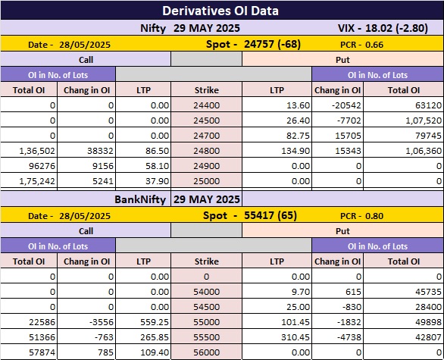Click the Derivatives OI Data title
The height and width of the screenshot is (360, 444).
click(x=220, y=11)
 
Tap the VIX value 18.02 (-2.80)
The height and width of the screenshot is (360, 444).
click(x=396, y=28)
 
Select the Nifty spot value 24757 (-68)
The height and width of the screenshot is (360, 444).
click(x=272, y=44)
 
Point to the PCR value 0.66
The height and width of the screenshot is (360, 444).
click(x=374, y=45)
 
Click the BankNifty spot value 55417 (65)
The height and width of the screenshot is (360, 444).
click(x=270, y=215)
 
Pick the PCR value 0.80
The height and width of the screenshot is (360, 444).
click(x=374, y=216)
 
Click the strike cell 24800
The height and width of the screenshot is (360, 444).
click(x=206, y=151)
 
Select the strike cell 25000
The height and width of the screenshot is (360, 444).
click(x=206, y=181)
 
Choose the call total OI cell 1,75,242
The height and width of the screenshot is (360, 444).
click(x=37, y=181)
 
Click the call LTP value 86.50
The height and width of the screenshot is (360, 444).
click(x=157, y=151)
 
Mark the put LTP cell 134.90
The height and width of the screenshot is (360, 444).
click(x=295, y=151)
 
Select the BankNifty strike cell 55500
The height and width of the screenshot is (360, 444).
click(x=206, y=337)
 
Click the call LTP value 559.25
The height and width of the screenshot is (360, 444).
click(x=155, y=322)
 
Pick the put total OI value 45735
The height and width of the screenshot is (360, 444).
click(x=428, y=292)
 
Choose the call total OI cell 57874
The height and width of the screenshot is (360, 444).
click(x=42, y=352)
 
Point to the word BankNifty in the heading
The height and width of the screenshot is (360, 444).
click(x=140, y=199)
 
